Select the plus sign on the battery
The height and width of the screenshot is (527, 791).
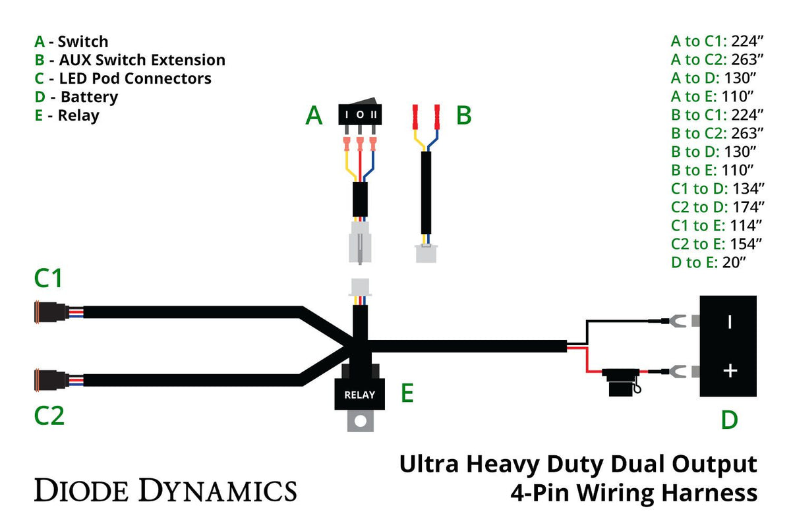729,371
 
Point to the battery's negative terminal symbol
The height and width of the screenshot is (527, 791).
729,321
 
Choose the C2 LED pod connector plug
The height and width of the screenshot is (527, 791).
49,380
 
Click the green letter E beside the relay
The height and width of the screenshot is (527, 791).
407,394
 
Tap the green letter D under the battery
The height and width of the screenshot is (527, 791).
728,420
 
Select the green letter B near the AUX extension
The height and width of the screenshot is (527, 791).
463,116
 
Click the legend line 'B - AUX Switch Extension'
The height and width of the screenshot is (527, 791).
130,60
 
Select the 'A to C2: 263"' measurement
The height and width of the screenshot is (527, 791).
717,59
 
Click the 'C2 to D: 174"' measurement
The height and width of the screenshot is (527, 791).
717,207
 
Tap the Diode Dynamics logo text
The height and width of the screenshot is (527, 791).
165,491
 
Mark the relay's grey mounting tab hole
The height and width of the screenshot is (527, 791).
360,420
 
